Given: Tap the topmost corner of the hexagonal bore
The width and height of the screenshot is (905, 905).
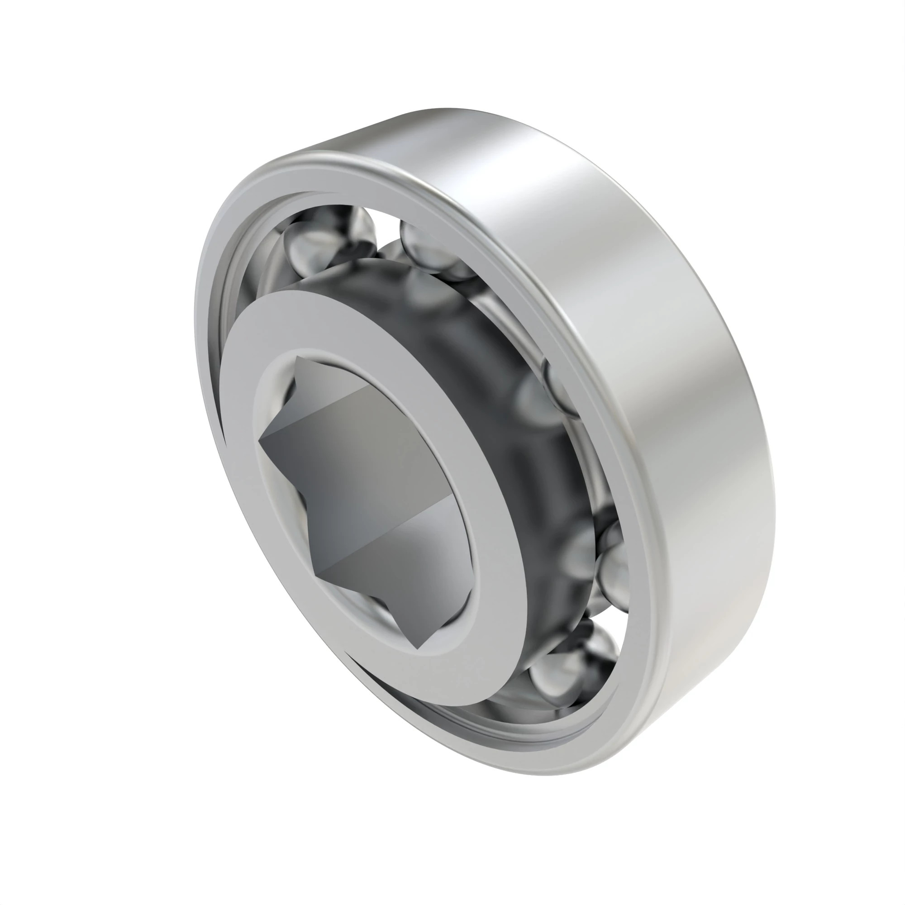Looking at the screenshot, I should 298,357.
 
